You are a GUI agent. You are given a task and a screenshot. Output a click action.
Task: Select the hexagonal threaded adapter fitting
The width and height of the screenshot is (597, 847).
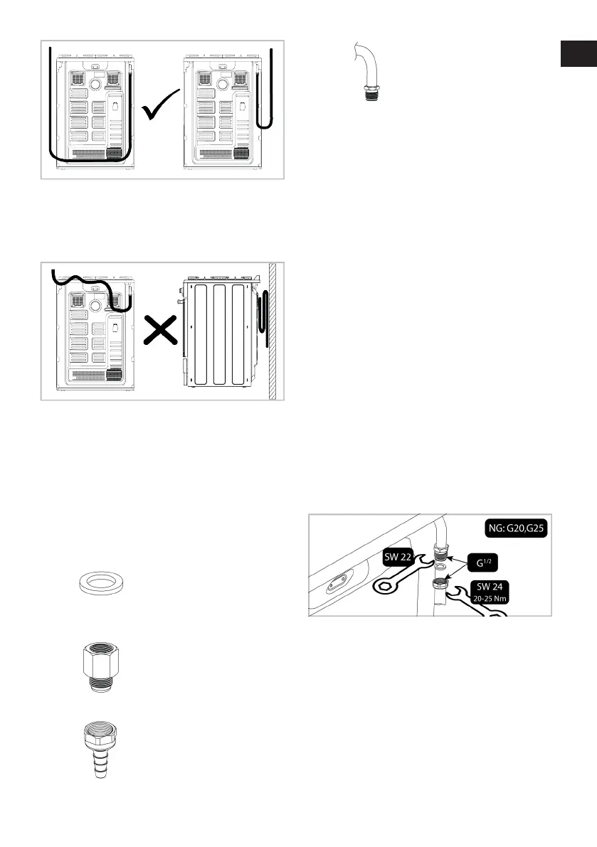97,658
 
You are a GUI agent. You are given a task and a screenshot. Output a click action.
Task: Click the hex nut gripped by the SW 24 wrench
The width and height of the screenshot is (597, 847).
442,584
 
